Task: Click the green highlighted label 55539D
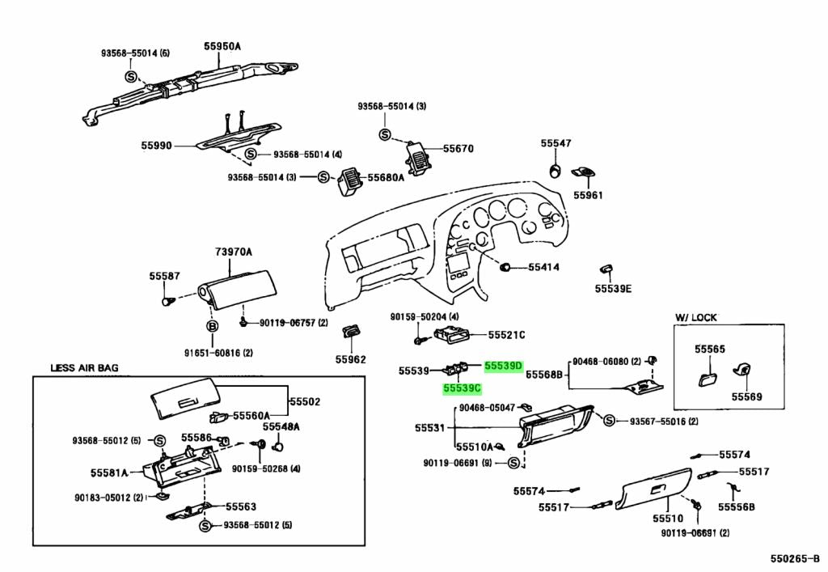(504, 366)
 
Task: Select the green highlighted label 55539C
(463, 389)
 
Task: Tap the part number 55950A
(222, 47)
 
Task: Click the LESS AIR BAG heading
(84, 368)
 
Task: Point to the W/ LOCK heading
(695, 317)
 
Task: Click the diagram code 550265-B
(794, 558)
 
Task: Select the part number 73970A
(234, 252)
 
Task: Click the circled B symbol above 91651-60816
(213, 326)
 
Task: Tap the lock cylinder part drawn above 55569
(739, 371)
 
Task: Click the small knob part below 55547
(555, 170)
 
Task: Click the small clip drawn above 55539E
(606, 269)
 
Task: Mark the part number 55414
(544, 267)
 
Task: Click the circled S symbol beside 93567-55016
(610, 421)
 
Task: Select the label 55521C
(506, 334)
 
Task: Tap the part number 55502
(306, 401)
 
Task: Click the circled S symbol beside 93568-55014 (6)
(130, 75)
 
